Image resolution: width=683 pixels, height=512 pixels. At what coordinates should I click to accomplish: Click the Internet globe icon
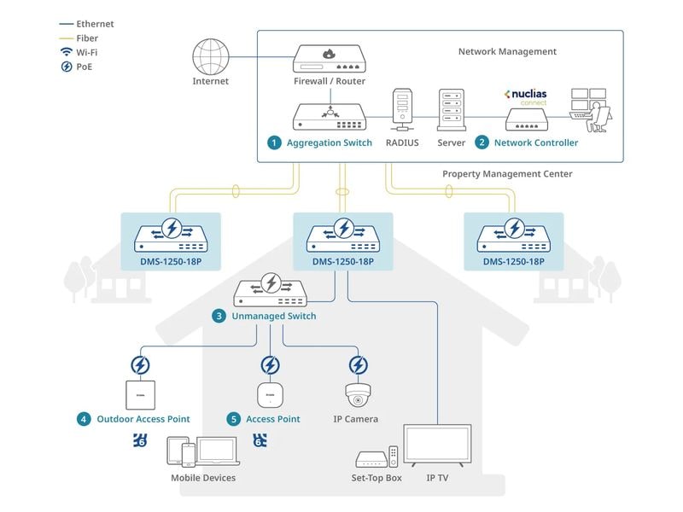[x=212, y=56]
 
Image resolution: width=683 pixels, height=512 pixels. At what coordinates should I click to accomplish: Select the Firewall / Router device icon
[x=330, y=59]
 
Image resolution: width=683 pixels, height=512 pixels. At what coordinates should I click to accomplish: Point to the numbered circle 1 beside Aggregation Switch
[x=274, y=143]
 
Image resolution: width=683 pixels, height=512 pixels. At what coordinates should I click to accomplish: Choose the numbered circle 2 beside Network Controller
[x=482, y=143]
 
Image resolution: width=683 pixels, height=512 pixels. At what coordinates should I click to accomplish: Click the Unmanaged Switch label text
[x=273, y=316]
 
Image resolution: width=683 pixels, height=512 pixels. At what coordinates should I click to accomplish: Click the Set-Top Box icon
[x=372, y=459]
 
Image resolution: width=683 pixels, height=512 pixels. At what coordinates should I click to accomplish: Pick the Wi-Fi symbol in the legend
[x=66, y=52]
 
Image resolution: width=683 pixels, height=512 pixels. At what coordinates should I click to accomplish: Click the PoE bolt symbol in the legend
[x=66, y=67]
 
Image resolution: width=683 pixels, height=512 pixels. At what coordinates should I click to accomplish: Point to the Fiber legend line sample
[x=65, y=38]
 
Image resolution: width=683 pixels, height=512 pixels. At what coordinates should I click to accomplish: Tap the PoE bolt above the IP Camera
[x=358, y=365]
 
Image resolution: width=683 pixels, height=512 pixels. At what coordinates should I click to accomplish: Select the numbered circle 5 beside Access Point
[x=234, y=419]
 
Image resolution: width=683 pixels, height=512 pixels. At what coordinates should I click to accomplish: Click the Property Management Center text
[x=507, y=174]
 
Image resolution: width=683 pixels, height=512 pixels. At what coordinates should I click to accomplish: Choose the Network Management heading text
[x=507, y=51]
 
